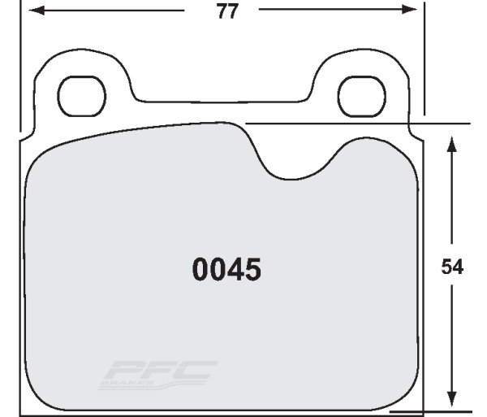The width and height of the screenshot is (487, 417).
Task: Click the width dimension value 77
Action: tap(226, 13)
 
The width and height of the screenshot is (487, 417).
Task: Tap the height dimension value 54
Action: tap(451, 267)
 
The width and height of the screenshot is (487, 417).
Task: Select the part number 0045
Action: tap(226, 269)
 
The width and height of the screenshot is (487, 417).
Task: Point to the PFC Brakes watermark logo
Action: tap(157, 373)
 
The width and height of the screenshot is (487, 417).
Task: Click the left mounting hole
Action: tap(80, 95)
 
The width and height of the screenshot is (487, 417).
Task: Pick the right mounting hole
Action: tap(356, 95)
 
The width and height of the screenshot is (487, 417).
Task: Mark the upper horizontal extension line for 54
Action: tap(438, 124)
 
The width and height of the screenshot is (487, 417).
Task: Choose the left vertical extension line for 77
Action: tap(22, 65)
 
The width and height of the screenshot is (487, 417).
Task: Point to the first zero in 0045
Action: tap(200, 269)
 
